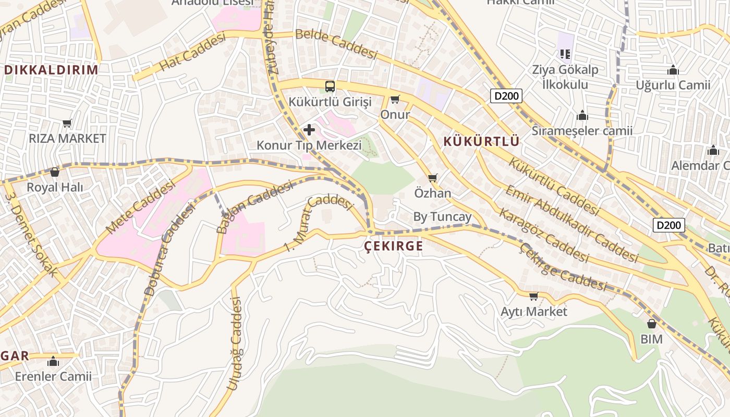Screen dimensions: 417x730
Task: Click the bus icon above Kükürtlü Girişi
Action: tap(330, 86)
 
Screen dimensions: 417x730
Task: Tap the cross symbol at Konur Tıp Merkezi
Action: tap(309, 129)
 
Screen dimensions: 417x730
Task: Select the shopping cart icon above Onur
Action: tap(395, 99)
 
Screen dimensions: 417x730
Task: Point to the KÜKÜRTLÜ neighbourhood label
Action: tap(481, 141)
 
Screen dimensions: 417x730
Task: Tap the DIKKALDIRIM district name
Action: tap(51, 70)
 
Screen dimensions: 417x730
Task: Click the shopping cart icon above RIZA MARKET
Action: tap(67, 124)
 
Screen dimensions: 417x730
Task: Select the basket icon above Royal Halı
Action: tap(55, 171)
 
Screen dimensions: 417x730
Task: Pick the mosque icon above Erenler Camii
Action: tap(53, 361)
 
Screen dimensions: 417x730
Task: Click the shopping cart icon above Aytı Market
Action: tap(533, 297)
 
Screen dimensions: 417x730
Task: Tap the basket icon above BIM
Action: tap(651, 324)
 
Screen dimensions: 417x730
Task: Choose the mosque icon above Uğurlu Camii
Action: tap(673, 70)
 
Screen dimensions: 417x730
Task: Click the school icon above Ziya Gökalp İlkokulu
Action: tap(565, 54)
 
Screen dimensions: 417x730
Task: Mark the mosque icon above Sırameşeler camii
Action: tap(582, 115)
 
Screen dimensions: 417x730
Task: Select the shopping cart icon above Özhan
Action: tap(432, 178)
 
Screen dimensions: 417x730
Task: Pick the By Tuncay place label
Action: tap(442, 217)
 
